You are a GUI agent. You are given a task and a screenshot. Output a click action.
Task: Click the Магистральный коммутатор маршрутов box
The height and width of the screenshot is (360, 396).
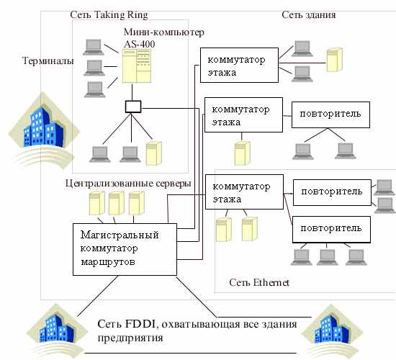125,249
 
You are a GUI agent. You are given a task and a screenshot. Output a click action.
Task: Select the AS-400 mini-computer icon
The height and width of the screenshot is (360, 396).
137,66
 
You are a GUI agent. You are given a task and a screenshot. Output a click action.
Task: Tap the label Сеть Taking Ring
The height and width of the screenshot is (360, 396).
109,15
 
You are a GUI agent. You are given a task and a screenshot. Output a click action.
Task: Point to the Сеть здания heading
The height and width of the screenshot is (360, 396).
309,15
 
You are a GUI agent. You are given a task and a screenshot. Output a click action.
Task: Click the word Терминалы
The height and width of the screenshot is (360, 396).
48,61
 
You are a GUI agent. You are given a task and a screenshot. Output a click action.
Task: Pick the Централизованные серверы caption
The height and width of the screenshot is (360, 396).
128,183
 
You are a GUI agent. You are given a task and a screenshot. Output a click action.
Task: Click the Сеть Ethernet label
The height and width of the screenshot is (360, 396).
259,282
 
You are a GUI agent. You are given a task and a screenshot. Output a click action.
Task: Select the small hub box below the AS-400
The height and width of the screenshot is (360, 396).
133,107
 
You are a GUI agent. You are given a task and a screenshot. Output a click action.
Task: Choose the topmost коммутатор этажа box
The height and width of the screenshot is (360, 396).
239,66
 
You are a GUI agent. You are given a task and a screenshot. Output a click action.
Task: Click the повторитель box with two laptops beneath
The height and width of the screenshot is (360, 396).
330,114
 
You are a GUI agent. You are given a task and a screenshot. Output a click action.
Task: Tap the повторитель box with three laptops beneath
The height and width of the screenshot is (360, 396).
331,229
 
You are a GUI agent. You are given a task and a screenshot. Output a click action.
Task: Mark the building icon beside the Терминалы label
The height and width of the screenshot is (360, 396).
44,130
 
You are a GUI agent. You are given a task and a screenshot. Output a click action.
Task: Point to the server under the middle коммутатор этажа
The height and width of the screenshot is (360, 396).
242,153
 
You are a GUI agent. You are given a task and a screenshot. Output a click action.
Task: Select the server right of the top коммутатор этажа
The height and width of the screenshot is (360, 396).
335,60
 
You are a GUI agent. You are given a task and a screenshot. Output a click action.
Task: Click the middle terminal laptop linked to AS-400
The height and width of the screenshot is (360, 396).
94,68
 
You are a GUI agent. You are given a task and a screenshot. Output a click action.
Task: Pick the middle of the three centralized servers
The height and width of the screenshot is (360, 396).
116,203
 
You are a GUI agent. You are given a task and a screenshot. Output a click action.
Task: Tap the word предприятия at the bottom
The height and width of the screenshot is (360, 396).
130,338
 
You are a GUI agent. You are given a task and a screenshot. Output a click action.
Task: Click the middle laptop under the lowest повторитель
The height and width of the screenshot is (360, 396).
328,257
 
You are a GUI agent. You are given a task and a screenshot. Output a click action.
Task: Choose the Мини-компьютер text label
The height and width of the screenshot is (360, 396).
164,32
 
